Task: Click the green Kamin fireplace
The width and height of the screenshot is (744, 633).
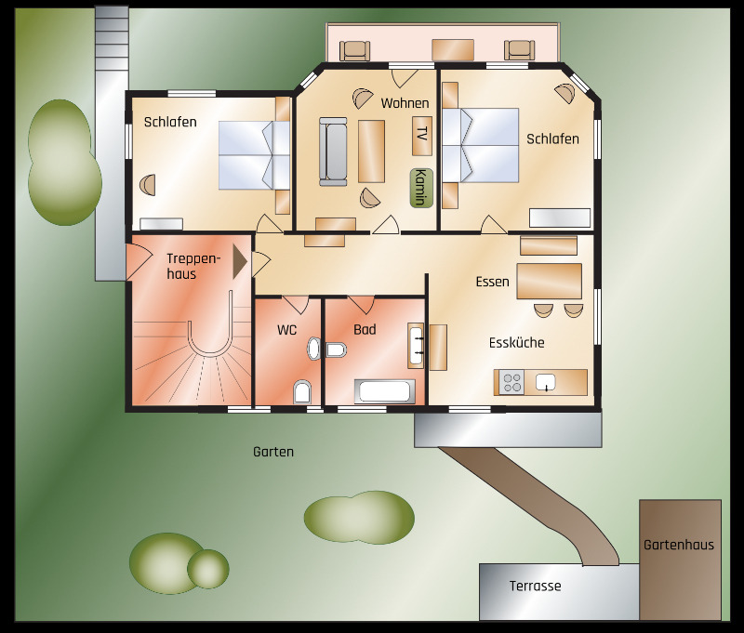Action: [x=421, y=188]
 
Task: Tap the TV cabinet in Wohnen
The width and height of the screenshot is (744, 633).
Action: [x=421, y=136]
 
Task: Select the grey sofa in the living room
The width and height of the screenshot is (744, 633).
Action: [x=333, y=152]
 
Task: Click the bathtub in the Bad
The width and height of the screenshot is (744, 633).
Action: [x=385, y=391]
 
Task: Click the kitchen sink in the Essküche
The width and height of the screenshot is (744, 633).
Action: [x=546, y=382]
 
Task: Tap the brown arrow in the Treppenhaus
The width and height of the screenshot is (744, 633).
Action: [x=240, y=261]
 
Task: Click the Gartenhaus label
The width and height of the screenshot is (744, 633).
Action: [x=679, y=545]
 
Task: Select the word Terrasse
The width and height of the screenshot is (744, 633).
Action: [x=536, y=586]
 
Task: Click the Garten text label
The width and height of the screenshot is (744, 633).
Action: [x=273, y=452]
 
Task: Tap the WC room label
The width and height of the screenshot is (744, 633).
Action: [x=287, y=330]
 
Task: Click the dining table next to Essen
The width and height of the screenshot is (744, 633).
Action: [x=550, y=281]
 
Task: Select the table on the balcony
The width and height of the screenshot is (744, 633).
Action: [x=453, y=50]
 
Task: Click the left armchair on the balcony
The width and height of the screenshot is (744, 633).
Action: [x=354, y=51]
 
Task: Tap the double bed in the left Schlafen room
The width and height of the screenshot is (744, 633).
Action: [x=254, y=155]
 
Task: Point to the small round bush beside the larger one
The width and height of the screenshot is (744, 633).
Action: [x=207, y=569]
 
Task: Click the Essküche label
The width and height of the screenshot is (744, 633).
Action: [x=517, y=342]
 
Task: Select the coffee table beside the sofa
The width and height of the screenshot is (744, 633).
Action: [x=371, y=151]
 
